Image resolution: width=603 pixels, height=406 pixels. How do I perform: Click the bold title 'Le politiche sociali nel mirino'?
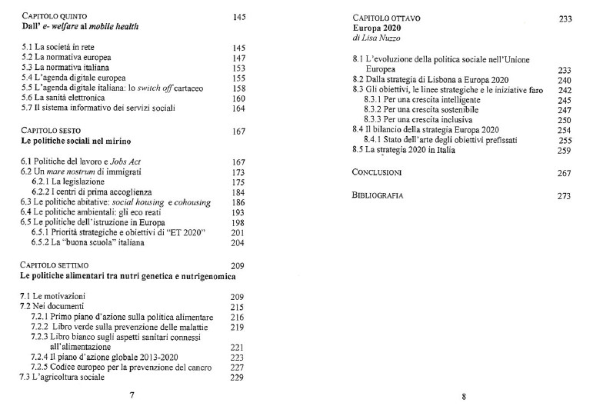(x=76, y=142)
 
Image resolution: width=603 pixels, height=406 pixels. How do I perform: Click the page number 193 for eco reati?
(x=238, y=211)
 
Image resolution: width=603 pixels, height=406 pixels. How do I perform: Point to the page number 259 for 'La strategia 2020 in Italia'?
(x=565, y=151)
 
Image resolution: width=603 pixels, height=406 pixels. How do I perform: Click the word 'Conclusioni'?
(x=378, y=173)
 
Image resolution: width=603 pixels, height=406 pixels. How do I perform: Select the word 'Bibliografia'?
(x=378, y=196)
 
